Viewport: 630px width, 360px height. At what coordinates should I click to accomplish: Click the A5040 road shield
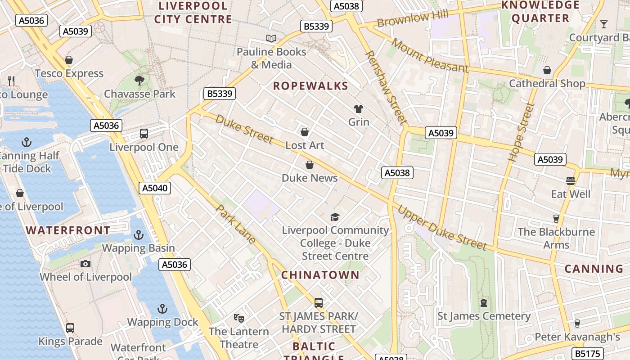click(x=155, y=188)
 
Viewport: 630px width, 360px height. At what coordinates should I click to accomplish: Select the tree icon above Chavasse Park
click(x=139, y=81)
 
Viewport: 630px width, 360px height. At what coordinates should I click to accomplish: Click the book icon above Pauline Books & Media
click(x=271, y=39)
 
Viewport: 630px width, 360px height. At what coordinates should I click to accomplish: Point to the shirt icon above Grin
click(x=359, y=109)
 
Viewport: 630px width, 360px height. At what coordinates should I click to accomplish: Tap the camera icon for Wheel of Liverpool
click(x=85, y=264)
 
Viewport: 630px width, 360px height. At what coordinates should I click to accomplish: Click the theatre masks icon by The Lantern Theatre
click(x=239, y=318)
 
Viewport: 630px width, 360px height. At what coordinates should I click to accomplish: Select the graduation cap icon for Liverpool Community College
click(x=335, y=217)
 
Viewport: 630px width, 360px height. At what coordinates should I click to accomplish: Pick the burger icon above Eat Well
click(x=571, y=181)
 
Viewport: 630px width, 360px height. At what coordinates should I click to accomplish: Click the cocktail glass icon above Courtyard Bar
click(x=604, y=24)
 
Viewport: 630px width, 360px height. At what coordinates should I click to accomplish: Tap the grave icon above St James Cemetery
click(x=484, y=303)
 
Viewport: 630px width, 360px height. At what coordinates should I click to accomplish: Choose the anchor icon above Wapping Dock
click(x=162, y=309)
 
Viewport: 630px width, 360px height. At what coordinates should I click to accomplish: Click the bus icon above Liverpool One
click(x=144, y=134)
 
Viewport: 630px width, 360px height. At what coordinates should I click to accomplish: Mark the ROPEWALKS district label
click(x=310, y=86)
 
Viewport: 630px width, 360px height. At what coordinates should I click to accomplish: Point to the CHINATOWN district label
click(x=320, y=275)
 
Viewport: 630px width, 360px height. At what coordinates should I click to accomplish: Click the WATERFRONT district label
click(x=68, y=230)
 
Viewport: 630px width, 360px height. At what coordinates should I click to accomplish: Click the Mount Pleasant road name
click(x=430, y=55)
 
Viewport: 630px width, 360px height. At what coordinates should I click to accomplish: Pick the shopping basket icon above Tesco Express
click(x=69, y=60)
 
